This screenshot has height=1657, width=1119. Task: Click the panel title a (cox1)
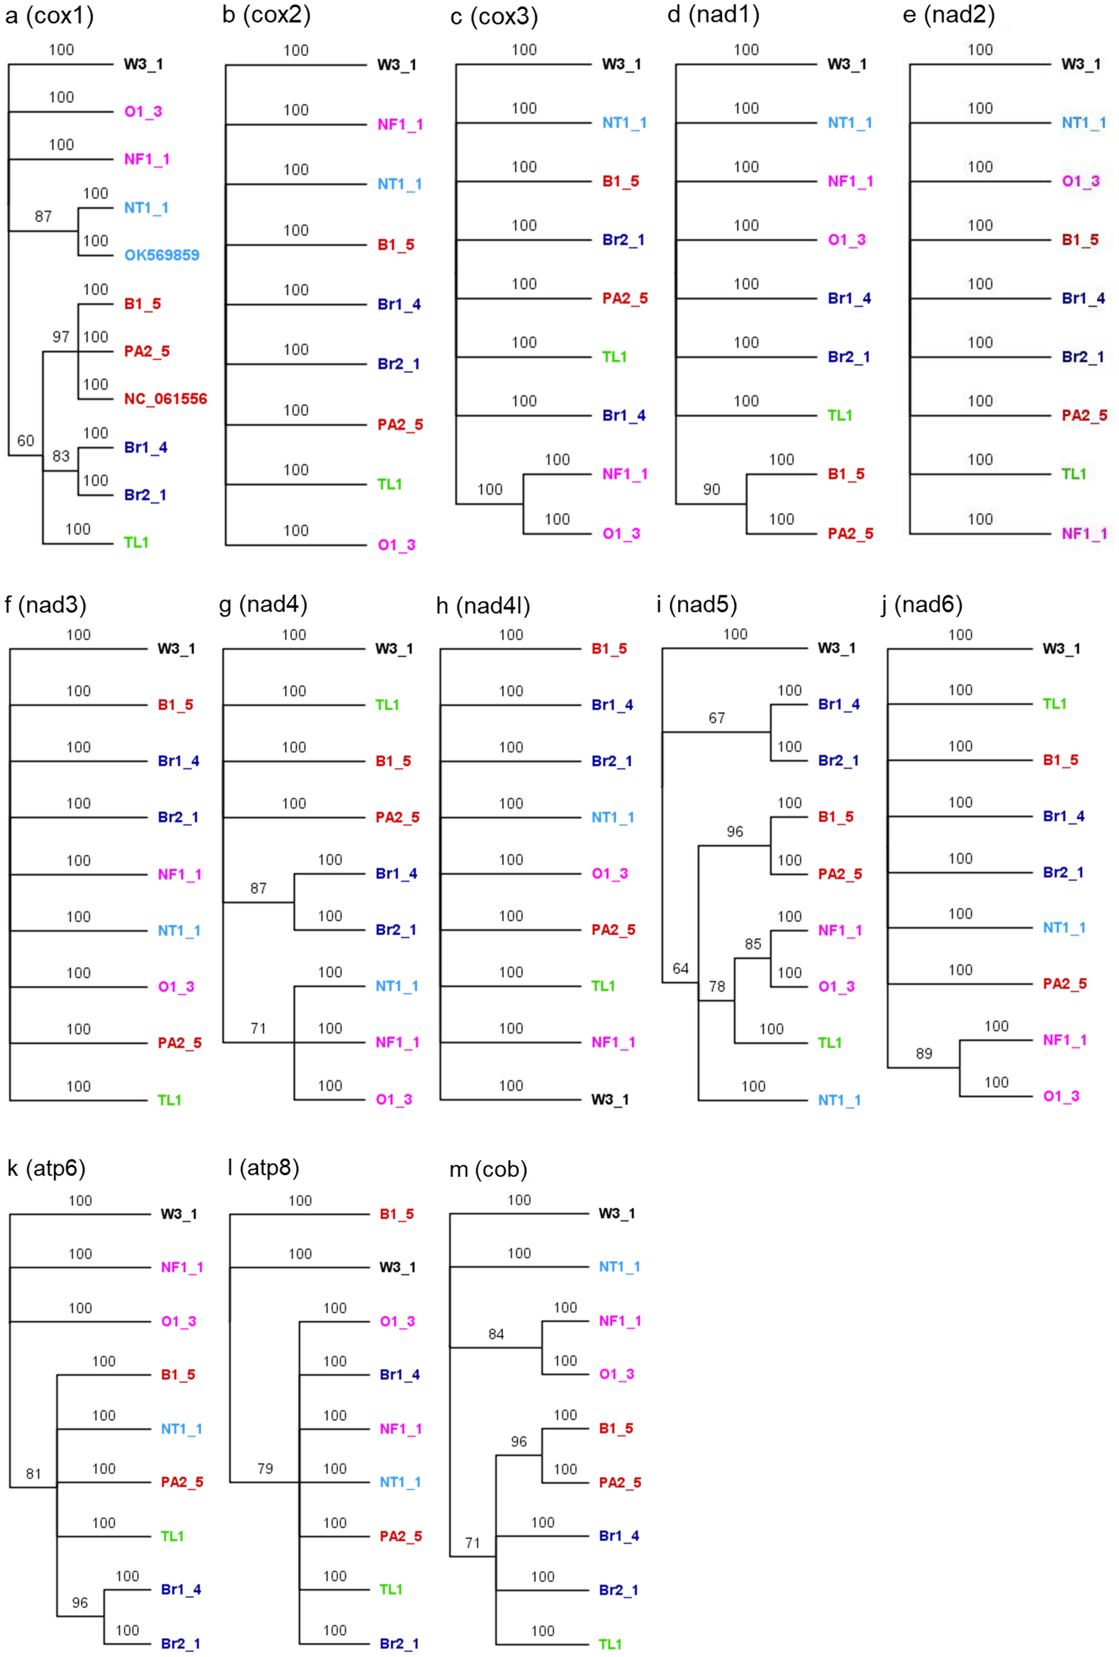[x=49, y=15]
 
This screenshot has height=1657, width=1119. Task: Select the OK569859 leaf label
[x=162, y=255]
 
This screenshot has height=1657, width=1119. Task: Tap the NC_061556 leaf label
[x=166, y=398]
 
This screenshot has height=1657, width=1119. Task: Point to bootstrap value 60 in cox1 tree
[x=26, y=440]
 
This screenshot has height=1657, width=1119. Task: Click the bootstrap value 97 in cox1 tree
[x=61, y=337]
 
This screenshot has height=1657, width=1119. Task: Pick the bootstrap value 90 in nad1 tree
[x=711, y=489]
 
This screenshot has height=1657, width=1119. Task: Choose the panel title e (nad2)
[x=948, y=14]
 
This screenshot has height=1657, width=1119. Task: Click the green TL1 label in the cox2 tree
[x=390, y=484]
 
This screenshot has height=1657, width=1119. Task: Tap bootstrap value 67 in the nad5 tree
[x=716, y=718]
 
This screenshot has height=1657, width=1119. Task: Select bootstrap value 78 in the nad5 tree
[x=716, y=986]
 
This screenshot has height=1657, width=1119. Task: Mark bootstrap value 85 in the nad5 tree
[x=753, y=944]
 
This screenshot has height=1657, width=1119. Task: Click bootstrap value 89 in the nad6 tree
[x=923, y=1053]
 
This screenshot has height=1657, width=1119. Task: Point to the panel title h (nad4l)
[x=483, y=605]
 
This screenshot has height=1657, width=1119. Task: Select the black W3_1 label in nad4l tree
[x=609, y=1099]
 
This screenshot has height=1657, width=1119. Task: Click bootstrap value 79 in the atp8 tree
[x=265, y=1468]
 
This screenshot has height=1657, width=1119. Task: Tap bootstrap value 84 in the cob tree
[x=496, y=1334]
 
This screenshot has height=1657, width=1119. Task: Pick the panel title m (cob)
[x=488, y=1169]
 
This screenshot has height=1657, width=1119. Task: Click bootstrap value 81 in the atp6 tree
[x=34, y=1473]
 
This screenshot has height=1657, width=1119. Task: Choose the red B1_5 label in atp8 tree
[x=396, y=1213]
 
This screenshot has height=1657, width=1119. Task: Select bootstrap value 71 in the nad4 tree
[x=258, y=1028]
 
